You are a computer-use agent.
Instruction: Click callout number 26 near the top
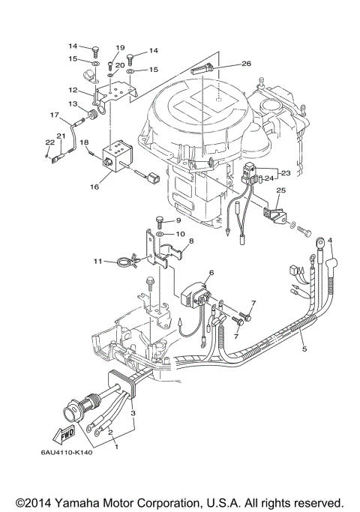point(247,64)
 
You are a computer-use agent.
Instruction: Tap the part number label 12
point(85,90)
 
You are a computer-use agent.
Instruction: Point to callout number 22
point(49,142)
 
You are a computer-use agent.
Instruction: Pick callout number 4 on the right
point(329,241)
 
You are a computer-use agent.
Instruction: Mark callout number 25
point(280,192)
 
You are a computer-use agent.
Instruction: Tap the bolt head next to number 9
point(160,220)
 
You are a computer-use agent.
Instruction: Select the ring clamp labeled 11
point(124,262)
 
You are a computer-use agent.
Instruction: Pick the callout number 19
point(119,48)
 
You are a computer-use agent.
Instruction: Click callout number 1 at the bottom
point(115,446)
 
